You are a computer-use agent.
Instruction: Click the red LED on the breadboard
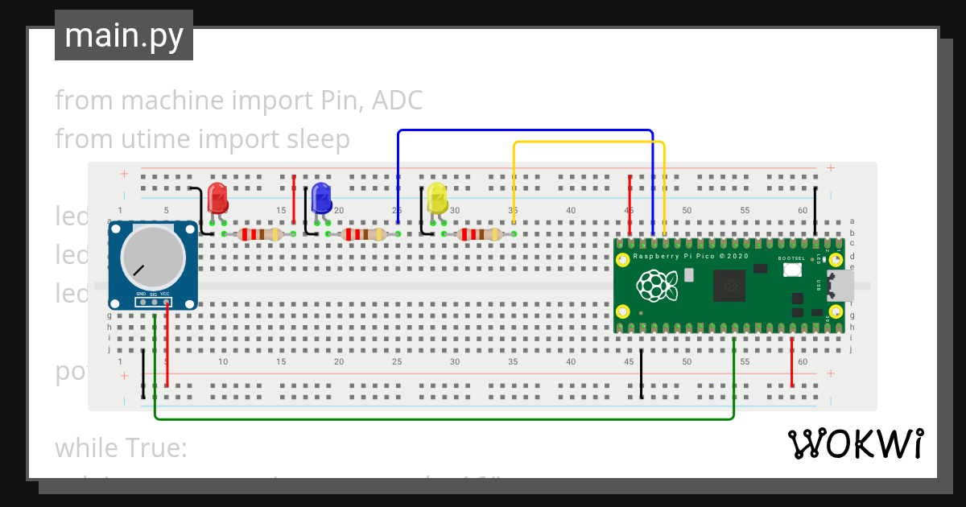[x=217, y=197]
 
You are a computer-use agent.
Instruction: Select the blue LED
[x=321, y=197]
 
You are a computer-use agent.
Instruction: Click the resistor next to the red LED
[x=258, y=234]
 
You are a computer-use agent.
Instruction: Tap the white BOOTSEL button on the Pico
[x=791, y=270]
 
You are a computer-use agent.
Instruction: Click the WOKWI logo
[x=855, y=443]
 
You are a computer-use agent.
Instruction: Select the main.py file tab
[x=124, y=35]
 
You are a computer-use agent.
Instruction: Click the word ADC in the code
[x=400, y=101]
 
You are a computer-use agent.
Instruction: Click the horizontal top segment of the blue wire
[x=523, y=130]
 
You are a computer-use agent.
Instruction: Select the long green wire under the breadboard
[x=443, y=419]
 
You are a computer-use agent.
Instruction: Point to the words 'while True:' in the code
[x=121, y=447]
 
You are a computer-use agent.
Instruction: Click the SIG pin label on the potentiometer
[x=153, y=295]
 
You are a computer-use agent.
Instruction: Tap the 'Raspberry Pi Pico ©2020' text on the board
[x=691, y=256]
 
